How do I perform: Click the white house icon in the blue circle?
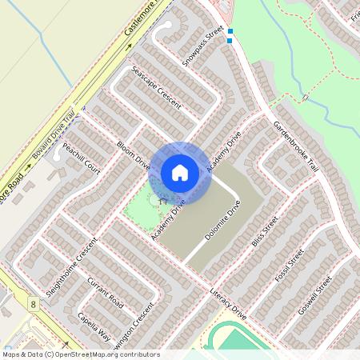pos(180,172)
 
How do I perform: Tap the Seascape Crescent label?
pos(157,87)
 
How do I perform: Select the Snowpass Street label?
pos(202,48)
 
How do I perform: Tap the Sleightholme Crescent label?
pos(71,267)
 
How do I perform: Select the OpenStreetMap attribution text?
pos(80,354)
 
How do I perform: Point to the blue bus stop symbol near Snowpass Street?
pos(230,35)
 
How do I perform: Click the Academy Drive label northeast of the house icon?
pos(223,151)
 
